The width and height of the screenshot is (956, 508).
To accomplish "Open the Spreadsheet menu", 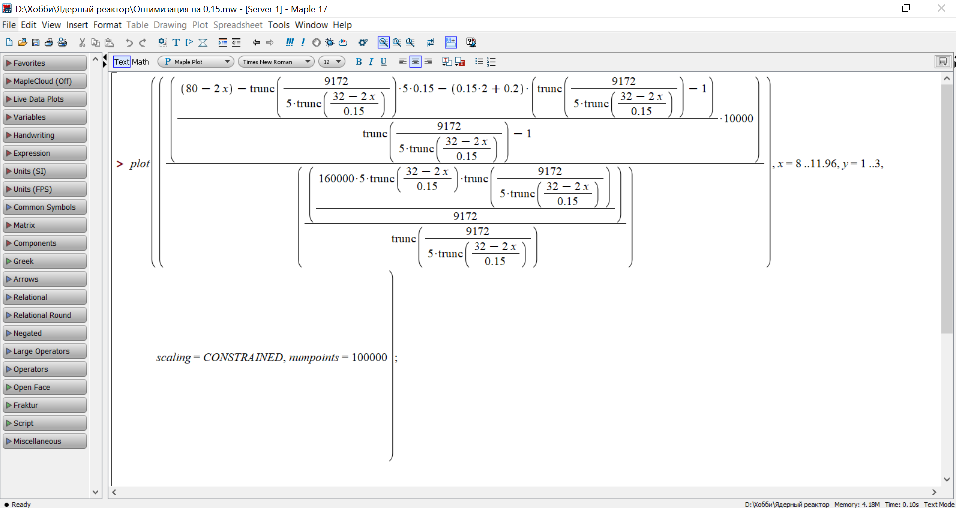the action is pos(237,25).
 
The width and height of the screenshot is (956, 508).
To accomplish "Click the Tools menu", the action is pos(278,25).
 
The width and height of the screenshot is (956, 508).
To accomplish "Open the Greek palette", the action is pos(45,261).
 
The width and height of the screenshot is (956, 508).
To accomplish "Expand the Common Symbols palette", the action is pos(45,207).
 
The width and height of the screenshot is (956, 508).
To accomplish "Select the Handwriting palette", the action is pos(45,135).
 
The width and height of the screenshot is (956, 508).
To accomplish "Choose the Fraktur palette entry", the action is pos(45,405).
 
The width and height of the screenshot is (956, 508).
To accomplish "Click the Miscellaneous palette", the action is pos(45,441).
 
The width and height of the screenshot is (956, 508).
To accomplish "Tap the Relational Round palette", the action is pos(45,315).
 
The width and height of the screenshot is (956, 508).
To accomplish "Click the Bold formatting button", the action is pos(358,62).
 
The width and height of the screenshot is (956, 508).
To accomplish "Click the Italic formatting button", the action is pos(371,62).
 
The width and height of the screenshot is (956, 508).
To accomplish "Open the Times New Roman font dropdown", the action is pos(276,62).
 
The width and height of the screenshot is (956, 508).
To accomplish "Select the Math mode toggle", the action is pos(140,62).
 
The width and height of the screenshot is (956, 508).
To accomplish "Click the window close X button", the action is pos(941,8).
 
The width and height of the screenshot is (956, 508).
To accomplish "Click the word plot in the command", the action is pos(139,164).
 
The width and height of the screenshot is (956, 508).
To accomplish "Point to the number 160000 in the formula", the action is pos(336,179).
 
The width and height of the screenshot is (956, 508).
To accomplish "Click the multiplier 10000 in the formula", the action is pos(738,118).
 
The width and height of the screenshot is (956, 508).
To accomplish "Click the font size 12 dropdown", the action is pos(332,62).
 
